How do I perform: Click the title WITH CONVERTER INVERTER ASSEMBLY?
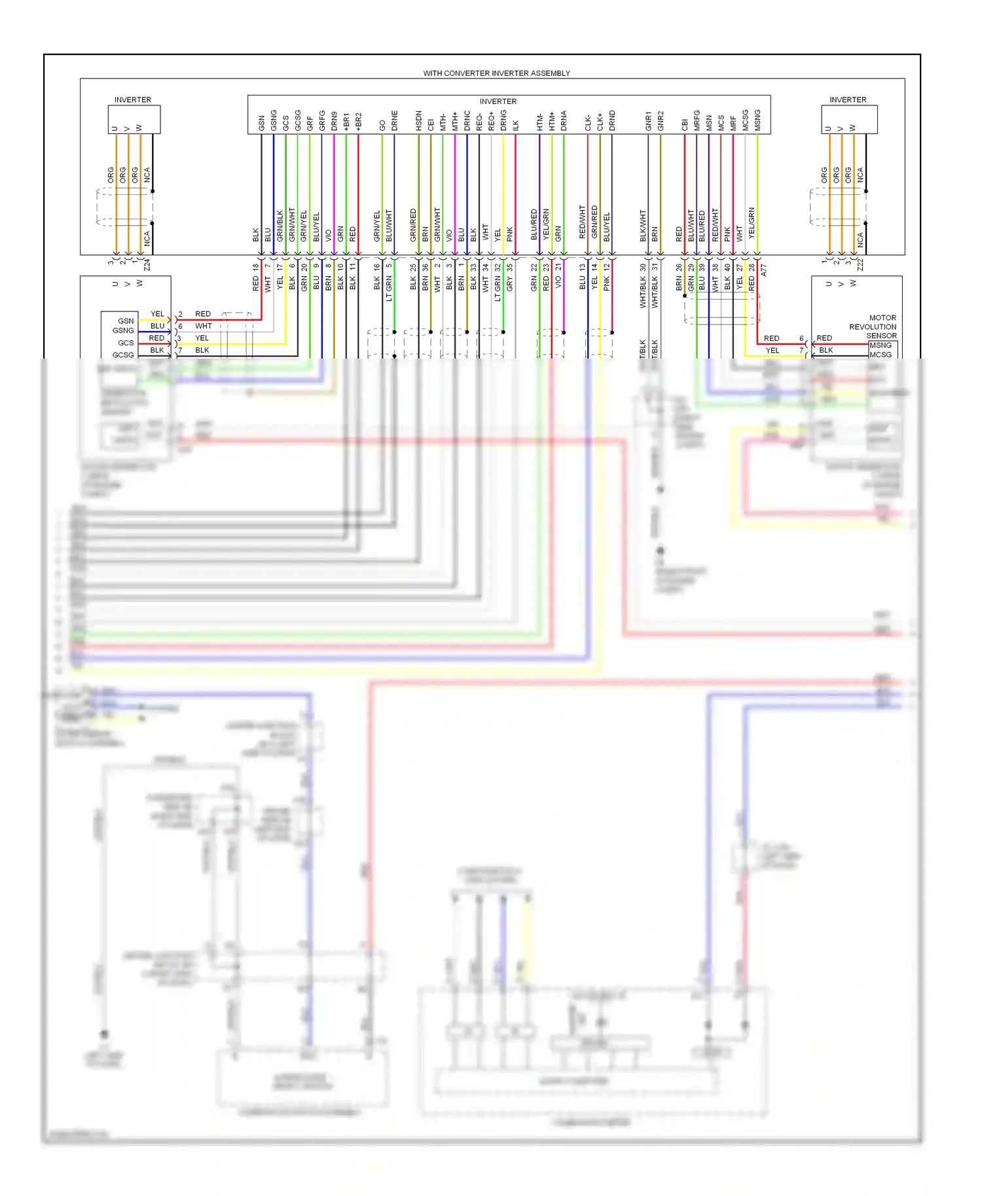(x=496, y=73)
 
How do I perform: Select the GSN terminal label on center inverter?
(x=261, y=122)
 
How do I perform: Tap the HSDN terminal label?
(x=419, y=120)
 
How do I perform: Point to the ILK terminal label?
(x=516, y=124)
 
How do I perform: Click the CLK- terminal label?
(x=588, y=122)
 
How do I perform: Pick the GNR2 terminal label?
(x=661, y=120)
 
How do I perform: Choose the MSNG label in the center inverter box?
(x=757, y=120)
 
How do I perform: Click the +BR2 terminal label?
(x=358, y=121)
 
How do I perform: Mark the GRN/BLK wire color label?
(x=280, y=225)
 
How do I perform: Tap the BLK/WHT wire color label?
(x=643, y=225)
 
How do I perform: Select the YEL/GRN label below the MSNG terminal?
(x=752, y=222)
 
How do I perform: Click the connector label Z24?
(x=147, y=265)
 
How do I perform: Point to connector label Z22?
(x=860, y=265)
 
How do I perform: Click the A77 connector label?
(x=764, y=270)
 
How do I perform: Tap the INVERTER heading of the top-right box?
(x=848, y=100)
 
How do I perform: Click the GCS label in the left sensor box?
(x=126, y=343)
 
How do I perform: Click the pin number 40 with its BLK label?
(x=727, y=277)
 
